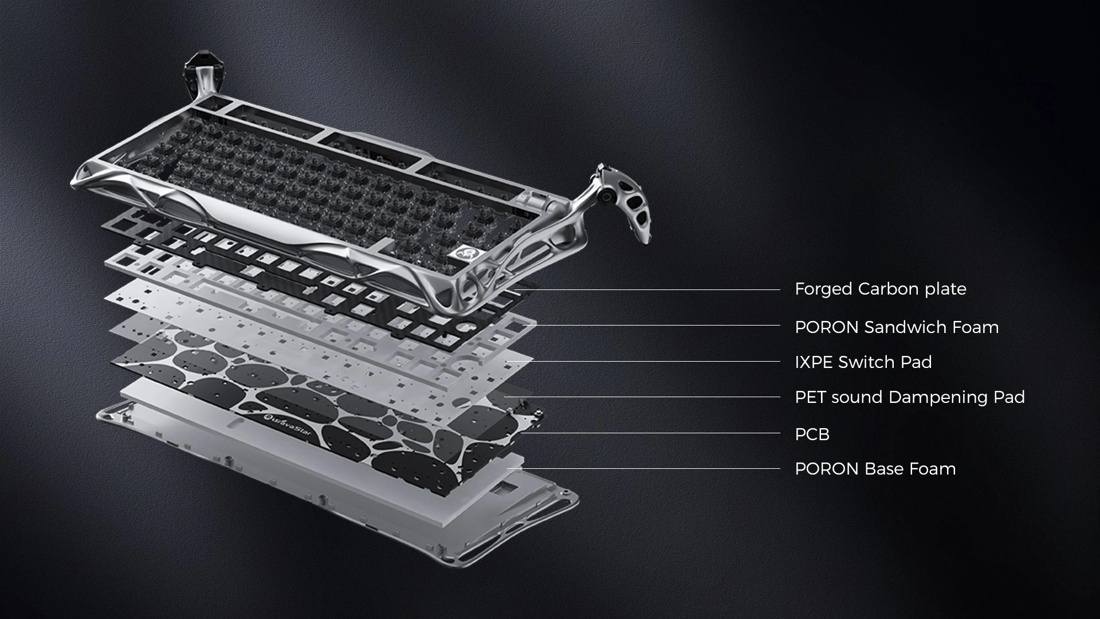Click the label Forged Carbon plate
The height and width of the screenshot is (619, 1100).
point(880,289)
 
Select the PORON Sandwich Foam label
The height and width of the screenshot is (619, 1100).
point(897,327)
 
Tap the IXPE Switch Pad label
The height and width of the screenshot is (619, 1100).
point(863,362)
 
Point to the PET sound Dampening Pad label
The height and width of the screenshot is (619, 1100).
point(910,397)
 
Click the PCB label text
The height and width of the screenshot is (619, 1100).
point(812,434)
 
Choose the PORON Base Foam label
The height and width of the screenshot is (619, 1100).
point(875,469)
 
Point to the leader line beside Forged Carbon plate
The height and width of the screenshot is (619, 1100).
point(648,289)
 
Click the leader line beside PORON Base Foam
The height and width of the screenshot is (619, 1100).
point(643,468)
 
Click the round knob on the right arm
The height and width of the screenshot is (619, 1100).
point(605,197)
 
